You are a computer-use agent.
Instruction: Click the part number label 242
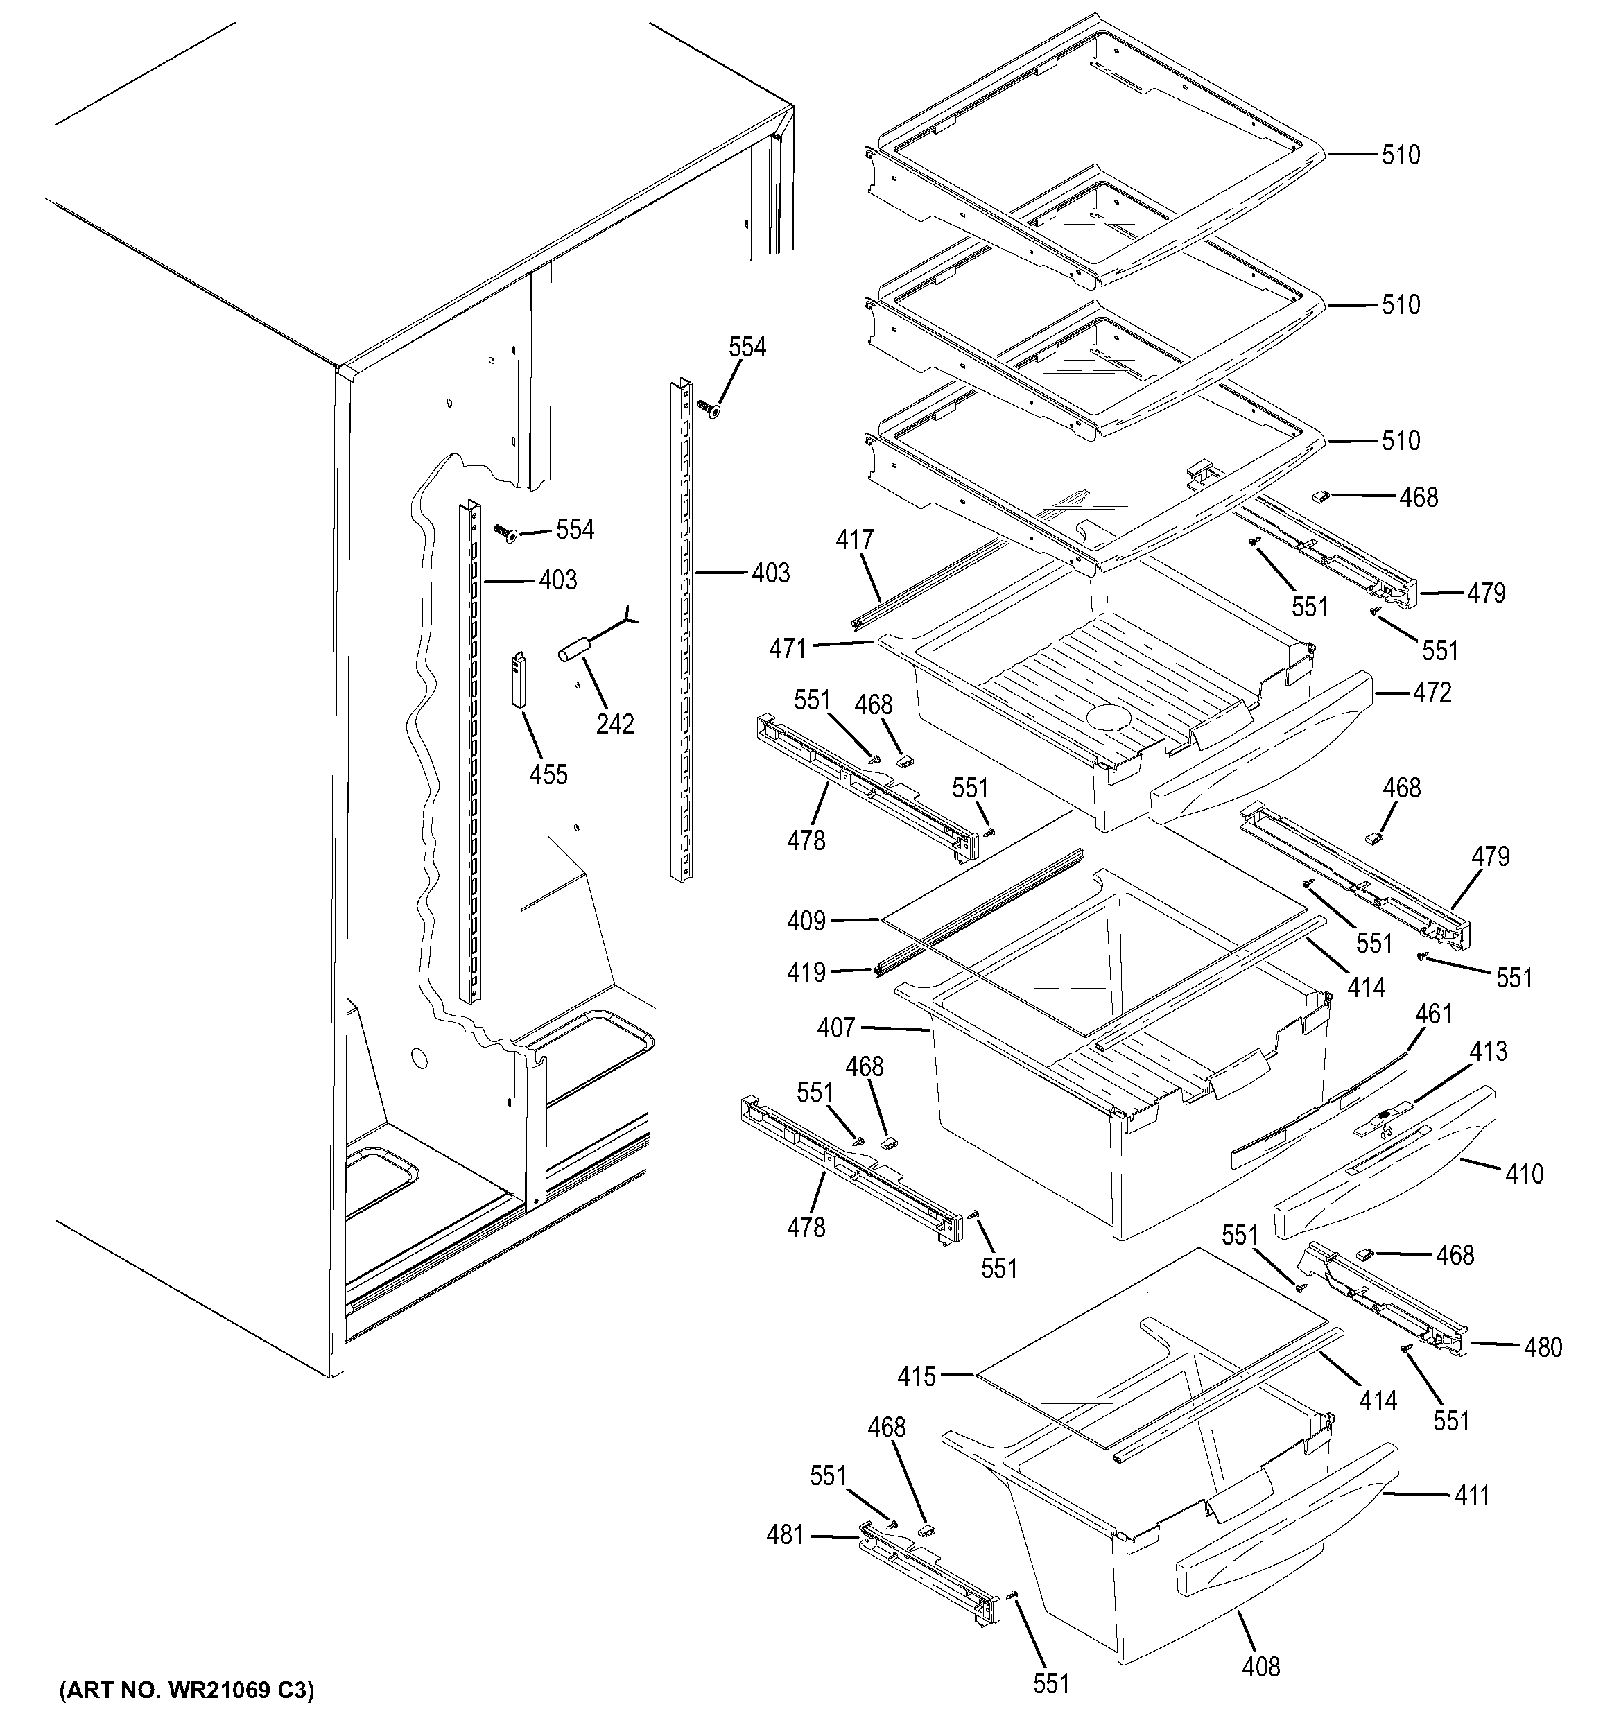tap(614, 725)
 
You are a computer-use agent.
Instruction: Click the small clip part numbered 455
tap(519, 679)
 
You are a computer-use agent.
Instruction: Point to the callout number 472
tap(1432, 691)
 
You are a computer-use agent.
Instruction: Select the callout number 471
tap(788, 648)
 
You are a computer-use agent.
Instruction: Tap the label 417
tap(854, 540)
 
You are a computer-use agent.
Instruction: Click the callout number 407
tap(835, 1028)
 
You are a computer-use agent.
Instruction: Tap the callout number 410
tap(1523, 1173)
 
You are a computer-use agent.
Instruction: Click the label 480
tap(1543, 1346)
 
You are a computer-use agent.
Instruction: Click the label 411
tap(1471, 1494)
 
